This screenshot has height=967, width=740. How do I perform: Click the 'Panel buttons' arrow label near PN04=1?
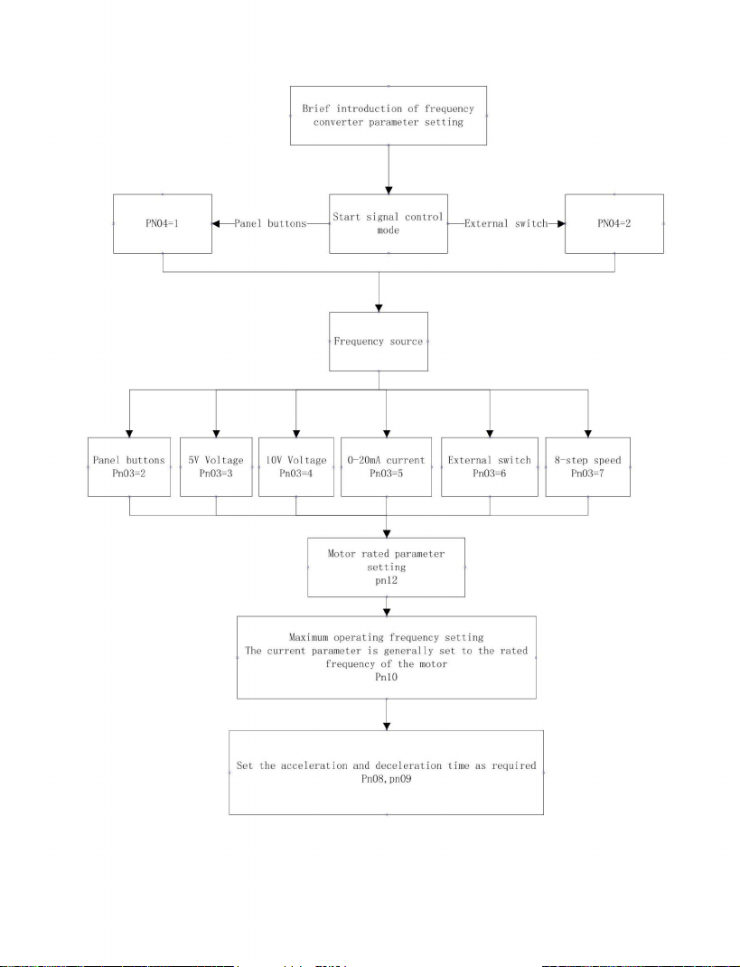tap(270, 224)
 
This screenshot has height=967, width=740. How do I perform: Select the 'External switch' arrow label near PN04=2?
tap(506, 224)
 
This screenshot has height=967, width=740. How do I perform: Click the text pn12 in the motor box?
tap(387, 581)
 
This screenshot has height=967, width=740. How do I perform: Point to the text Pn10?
tap(387, 677)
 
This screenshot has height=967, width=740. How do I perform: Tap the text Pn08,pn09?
tap(387, 779)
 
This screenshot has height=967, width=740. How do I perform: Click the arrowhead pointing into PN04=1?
tap(216, 224)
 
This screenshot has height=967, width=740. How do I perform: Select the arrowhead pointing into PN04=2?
tap(561, 224)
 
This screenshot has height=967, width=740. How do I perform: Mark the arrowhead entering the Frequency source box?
tap(379, 308)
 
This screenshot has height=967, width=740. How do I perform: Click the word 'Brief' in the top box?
tap(316, 108)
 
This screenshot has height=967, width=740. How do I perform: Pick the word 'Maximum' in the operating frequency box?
tap(308, 637)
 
